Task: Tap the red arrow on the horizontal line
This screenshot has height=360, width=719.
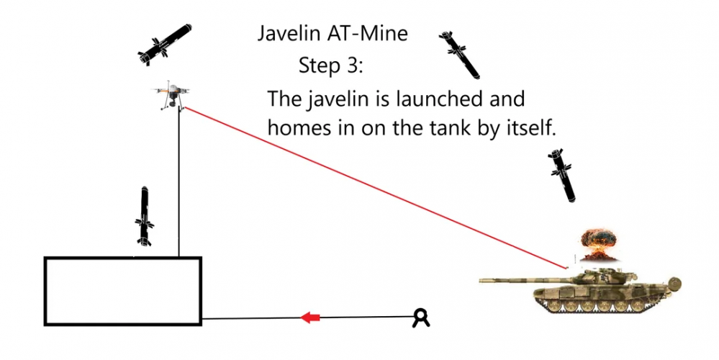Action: (x=310, y=317)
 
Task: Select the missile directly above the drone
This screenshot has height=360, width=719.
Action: (x=165, y=45)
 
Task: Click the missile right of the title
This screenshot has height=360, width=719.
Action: (x=459, y=55)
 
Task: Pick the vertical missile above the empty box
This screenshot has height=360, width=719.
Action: (x=145, y=216)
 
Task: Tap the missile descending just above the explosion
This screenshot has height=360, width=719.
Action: (x=562, y=175)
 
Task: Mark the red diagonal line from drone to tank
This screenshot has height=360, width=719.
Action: (x=375, y=187)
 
